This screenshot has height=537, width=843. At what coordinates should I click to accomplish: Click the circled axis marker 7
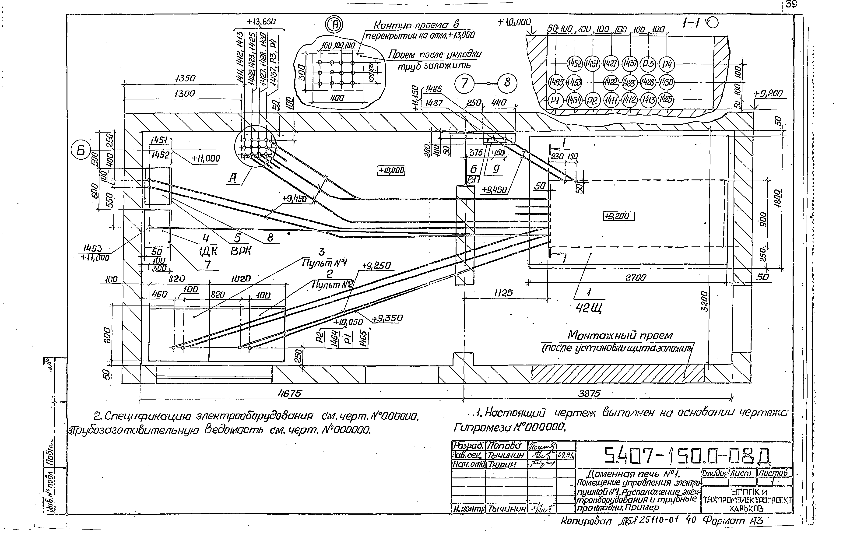tap(464, 84)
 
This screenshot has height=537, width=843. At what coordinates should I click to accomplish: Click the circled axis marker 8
tap(507, 83)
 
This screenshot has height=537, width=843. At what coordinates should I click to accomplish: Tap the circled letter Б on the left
tap(81, 151)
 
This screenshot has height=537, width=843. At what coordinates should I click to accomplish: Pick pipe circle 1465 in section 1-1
tap(556, 83)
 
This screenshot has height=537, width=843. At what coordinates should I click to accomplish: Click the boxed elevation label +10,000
tap(391, 170)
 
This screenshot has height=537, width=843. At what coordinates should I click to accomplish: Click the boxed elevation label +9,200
tap(618, 216)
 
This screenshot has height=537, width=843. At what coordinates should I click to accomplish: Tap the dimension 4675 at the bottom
tap(289, 394)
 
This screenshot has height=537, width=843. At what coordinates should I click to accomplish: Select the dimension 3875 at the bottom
tap(589, 394)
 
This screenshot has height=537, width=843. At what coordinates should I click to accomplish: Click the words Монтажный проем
tap(620, 335)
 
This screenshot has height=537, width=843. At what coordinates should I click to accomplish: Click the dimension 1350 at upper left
tap(185, 78)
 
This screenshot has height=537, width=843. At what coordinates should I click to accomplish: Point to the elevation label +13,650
tap(261, 22)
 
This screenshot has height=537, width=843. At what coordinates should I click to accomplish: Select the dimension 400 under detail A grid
tap(337, 98)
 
